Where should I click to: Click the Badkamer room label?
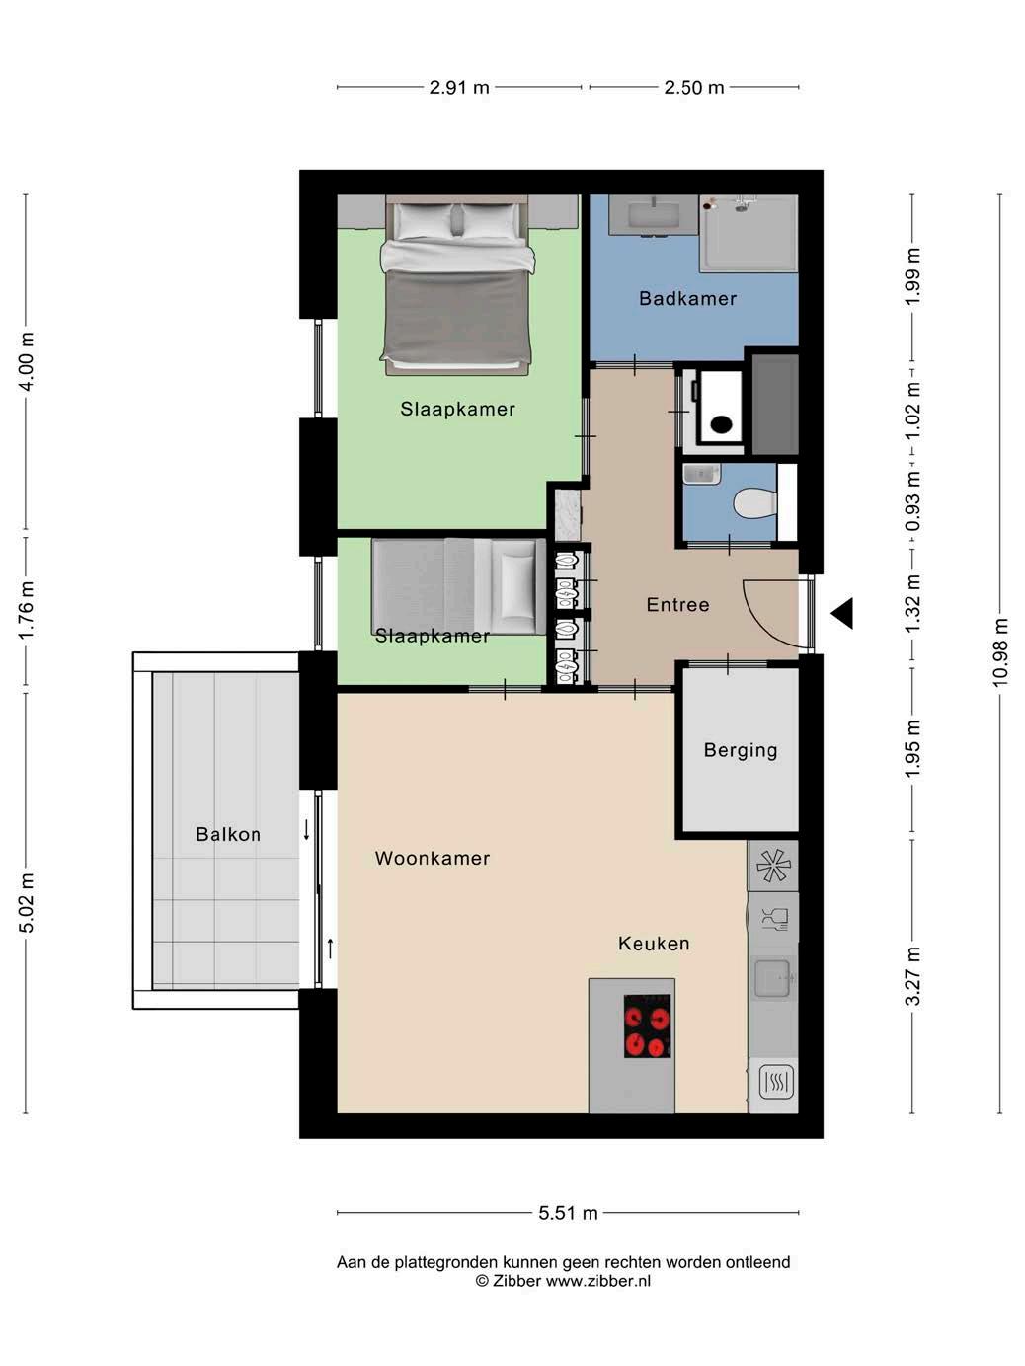(x=687, y=299)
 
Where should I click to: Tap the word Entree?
(x=677, y=604)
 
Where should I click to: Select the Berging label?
(x=741, y=750)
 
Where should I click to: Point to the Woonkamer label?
(x=433, y=858)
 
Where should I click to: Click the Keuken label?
(x=654, y=944)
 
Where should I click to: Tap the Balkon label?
(x=228, y=834)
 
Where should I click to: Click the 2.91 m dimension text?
(x=459, y=88)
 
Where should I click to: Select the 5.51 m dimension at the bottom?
(x=568, y=1213)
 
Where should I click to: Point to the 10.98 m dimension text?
(x=999, y=652)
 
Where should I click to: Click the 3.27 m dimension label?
(x=912, y=976)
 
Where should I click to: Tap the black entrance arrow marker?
(x=842, y=613)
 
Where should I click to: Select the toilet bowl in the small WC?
(x=754, y=502)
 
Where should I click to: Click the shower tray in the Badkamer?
(x=749, y=234)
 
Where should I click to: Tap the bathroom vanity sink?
(x=652, y=215)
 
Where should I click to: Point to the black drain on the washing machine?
(x=721, y=424)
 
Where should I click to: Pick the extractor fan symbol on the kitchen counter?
(x=773, y=866)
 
